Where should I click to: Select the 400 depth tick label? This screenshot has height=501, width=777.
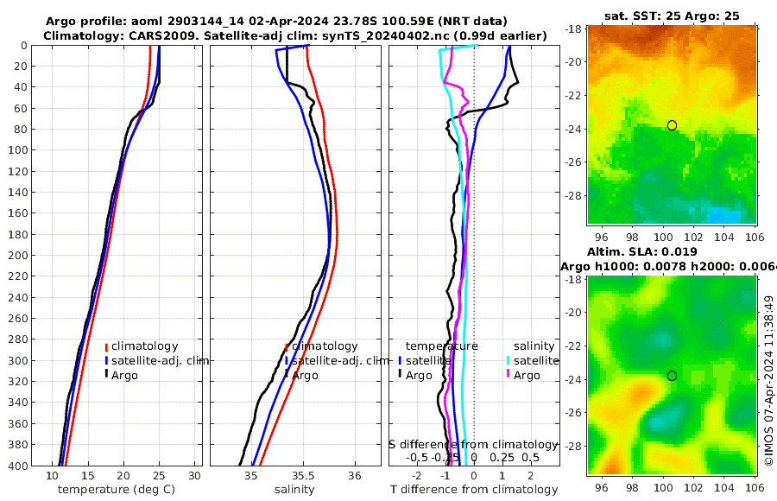pos(18,466)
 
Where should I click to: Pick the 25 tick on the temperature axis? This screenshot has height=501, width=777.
pos(159,475)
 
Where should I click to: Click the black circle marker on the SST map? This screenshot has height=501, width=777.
pos(672,125)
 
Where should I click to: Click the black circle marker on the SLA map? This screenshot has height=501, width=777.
pos(672,376)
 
